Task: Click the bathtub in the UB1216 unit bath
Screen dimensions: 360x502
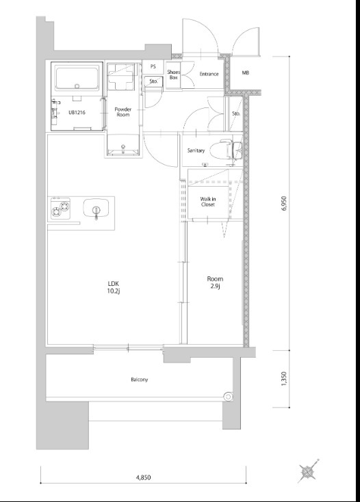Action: click(x=77, y=79)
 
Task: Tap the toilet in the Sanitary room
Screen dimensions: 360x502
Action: click(x=230, y=150)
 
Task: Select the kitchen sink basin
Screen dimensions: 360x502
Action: click(x=96, y=208)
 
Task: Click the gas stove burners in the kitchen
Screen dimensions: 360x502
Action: click(x=60, y=209)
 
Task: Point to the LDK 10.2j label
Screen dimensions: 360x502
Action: click(x=114, y=287)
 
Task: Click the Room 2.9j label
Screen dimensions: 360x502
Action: click(x=215, y=282)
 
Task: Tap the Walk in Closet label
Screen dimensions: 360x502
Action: click(x=208, y=202)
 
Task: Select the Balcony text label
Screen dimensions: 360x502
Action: click(x=140, y=380)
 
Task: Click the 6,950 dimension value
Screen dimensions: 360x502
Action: click(x=285, y=203)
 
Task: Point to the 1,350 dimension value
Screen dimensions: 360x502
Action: click(x=284, y=379)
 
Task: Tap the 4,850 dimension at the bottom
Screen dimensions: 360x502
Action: click(x=143, y=478)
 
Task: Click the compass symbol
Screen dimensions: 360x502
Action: click(x=308, y=471)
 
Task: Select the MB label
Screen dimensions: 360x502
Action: click(x=245, y=72)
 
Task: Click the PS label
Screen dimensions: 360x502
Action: click(x=153, y=66)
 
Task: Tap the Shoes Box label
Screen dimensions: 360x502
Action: click(x=174, y=75)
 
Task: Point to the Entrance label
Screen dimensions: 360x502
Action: click(x=209, y=74)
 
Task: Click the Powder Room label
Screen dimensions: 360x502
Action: click(x=123, y=111)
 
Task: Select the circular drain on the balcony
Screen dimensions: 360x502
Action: click(x=228, y=397)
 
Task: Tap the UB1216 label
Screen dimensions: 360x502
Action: click(x=77, y=112)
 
